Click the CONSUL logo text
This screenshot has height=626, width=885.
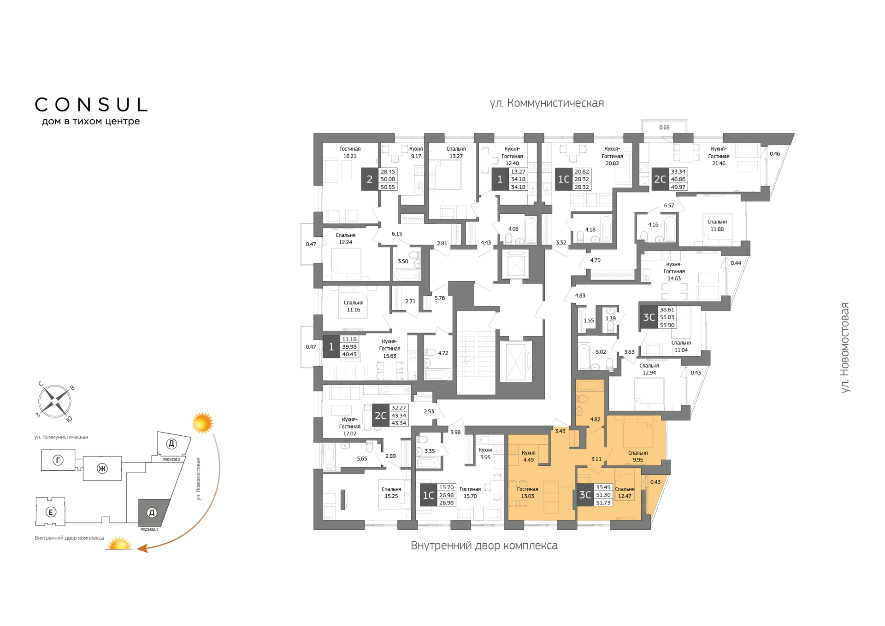(91, 105)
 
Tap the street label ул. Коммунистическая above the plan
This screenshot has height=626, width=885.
(547, 103)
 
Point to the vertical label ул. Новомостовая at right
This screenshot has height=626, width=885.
(845, 347)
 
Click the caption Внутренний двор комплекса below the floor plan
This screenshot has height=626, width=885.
(484, 545)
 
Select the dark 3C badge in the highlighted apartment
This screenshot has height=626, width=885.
(585, 495)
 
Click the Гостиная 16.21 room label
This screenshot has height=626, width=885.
(350, 152)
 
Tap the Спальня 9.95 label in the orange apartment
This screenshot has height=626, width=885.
(638, 456)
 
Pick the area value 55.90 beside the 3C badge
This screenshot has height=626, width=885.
(667, 325)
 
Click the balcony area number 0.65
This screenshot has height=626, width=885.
(664, 128)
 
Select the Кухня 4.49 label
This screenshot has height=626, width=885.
(529, 456)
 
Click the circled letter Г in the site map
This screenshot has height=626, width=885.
(58, 460)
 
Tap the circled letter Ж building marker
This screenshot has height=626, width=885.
(102, 469)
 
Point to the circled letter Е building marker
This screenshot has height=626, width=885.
(51, 512)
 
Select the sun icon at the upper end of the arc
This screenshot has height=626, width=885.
(202, 423)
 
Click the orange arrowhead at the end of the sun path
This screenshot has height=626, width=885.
(142, 548)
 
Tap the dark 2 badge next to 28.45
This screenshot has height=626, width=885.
(370, 179)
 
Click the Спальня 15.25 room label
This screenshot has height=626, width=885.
(391, 492)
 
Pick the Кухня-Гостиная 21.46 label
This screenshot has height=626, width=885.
(719, 156)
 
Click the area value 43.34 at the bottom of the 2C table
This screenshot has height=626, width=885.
(399, 423)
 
